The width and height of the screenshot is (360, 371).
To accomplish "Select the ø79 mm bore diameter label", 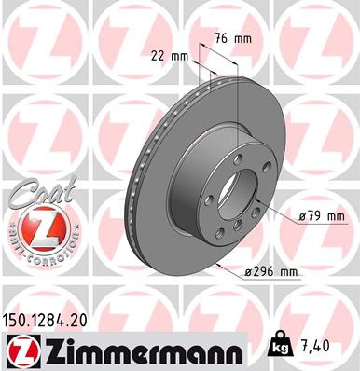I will (x=321, y=217).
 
